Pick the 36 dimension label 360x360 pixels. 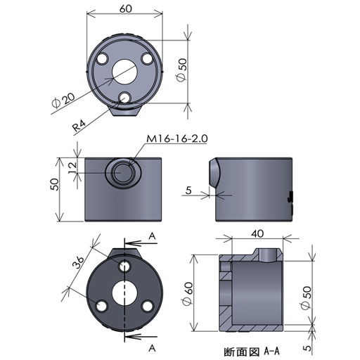79,264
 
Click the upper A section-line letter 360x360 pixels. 151,237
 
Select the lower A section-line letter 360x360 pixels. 151,347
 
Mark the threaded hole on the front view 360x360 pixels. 124,172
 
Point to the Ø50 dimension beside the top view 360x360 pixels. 182,70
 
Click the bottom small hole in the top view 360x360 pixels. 126,97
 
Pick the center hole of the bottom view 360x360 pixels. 124,291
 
